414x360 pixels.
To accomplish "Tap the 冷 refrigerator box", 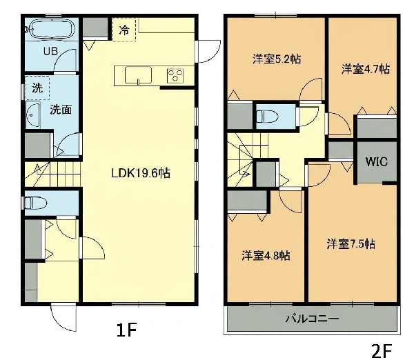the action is tap(124, 30).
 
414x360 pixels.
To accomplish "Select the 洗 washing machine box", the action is tap(37, 88).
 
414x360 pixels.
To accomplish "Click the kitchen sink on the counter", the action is tap(138, 75).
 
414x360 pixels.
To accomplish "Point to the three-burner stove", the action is tap(175, 75).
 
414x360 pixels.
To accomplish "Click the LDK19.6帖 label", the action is tap(141, 173).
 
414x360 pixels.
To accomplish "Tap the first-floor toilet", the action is tap(35, 203).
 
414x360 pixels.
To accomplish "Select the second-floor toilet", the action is tap(268, 116).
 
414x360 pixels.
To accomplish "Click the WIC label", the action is tap(377, 161).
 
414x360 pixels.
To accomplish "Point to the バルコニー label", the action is tap(312, 319).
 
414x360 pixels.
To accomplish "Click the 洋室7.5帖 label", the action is tap(351, 244).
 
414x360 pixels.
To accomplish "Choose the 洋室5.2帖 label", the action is tap(277, 59).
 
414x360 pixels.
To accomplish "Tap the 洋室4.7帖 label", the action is tap(366, 69).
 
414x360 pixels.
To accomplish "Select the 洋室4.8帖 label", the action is tap(266, 255).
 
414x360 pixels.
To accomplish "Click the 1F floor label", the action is tap(127, 330).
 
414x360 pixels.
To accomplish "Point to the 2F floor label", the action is tap(382, 351).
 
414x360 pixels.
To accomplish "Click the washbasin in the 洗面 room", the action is tap(32, 114).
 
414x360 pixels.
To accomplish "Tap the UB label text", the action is tap(50, 51).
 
